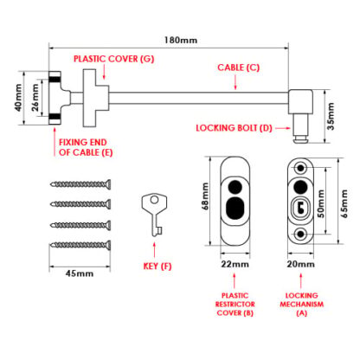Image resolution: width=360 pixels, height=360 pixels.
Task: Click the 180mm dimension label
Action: [x=181, y=40]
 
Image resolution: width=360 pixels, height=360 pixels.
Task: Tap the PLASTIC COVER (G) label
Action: [x=114, y=59]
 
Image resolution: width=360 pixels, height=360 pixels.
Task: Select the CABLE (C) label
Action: [x=239, y=67]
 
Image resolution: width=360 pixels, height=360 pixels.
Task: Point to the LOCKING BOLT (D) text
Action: [x=234, y=128]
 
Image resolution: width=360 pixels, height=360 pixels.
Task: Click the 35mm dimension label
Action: [x=331, y=116]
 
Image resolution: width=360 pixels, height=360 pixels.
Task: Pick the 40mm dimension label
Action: [x=18, y=98]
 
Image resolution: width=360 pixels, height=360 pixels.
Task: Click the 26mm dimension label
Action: [x=35, y=98]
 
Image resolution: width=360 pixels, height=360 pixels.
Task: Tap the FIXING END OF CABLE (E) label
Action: [x=86, y=147]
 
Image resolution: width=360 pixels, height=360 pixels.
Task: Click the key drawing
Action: [x=155, y=215]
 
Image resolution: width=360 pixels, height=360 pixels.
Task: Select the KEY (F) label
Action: [x=157, y=266]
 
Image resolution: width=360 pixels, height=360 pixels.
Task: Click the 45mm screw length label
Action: [x=80, y=273]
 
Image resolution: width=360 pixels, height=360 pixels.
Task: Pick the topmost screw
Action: [x=80, y=183]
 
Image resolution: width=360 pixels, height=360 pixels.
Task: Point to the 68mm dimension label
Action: [x=205, y=196]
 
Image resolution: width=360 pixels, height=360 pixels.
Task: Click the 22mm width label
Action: [x=235, y=264]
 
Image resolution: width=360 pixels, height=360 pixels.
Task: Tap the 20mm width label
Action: [x=300, y=264]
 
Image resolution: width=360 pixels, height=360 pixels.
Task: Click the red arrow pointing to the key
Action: [x=154, y=250]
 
